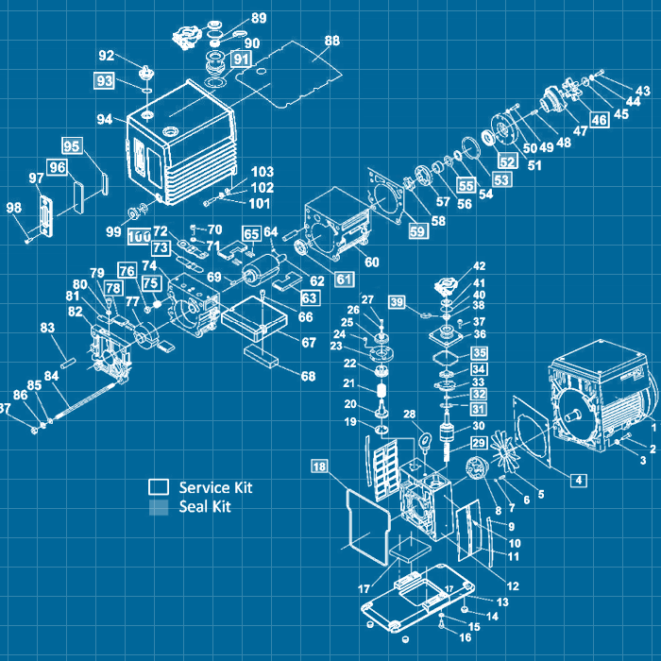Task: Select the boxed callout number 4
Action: tap(577, 480)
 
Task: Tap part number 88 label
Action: tap(331, 41)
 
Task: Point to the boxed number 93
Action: tap(104, 81)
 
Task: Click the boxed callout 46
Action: tap(599, 119)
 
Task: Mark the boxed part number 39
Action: tap(398, 301)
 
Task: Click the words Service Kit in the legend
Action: tap(215, 487)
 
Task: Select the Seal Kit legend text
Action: tap(205, 507)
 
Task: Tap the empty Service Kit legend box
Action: tap(159, 487)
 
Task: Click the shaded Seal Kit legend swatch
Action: tap(159, 507)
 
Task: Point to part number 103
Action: tap(263, 172)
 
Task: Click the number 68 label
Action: tap(308, 377)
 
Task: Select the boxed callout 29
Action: tap(478, 443)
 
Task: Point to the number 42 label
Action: tap(480, 266)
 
